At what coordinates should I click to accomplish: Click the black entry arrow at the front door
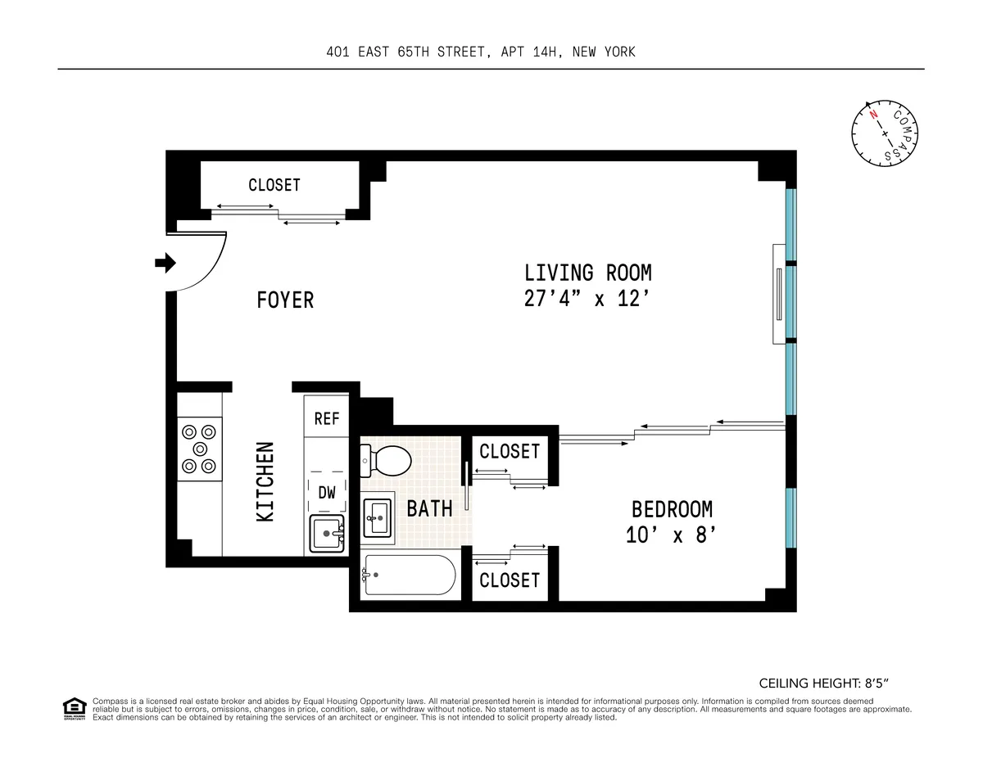click(x=165, y=263)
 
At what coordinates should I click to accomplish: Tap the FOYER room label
click(x=285, y=300)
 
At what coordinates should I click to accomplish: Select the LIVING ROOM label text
click(x=588, y=272)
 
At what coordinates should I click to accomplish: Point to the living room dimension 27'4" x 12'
click(x=588, y=299)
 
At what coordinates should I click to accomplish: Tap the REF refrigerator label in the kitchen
click(x=327, y=418)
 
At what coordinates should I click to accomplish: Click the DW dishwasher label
click(x=327, y=493)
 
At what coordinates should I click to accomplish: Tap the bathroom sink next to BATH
click(x=378, y=514)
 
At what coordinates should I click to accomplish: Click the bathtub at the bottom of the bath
click(x=408, y=576)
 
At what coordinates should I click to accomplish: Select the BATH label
click(x=429, y=508)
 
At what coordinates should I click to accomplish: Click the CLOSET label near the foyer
click(x=274, y=185)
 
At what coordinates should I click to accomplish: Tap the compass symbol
click(x=884, y=132)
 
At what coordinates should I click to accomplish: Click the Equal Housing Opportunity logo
click(x=74, y=708)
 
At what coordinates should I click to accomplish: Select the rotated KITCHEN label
click(x=265, y=482)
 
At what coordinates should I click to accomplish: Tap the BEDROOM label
click(x=672, y=509)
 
